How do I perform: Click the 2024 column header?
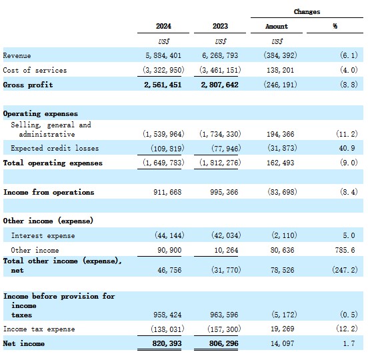point(163,26)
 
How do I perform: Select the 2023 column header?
point(220,26)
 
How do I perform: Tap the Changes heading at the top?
point(307,12)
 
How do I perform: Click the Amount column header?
point(277,26)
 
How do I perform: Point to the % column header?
point(335,26)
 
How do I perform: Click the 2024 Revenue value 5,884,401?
point(163,55)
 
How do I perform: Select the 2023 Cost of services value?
point(220,70)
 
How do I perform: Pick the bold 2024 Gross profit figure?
point(163,85)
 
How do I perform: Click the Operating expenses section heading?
point(41,114)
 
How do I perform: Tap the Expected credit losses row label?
point(55,148)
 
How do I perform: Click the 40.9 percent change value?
point(347,148)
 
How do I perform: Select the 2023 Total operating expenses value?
point(220,163)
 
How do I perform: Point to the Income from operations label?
point(49,192)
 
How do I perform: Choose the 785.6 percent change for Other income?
point(345,250)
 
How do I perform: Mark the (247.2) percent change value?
point(345,270)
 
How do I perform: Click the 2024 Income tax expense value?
point(167,329)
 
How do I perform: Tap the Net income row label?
point(24,343)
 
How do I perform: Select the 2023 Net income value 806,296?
point(223,343)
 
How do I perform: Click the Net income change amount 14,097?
point(283,343)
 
